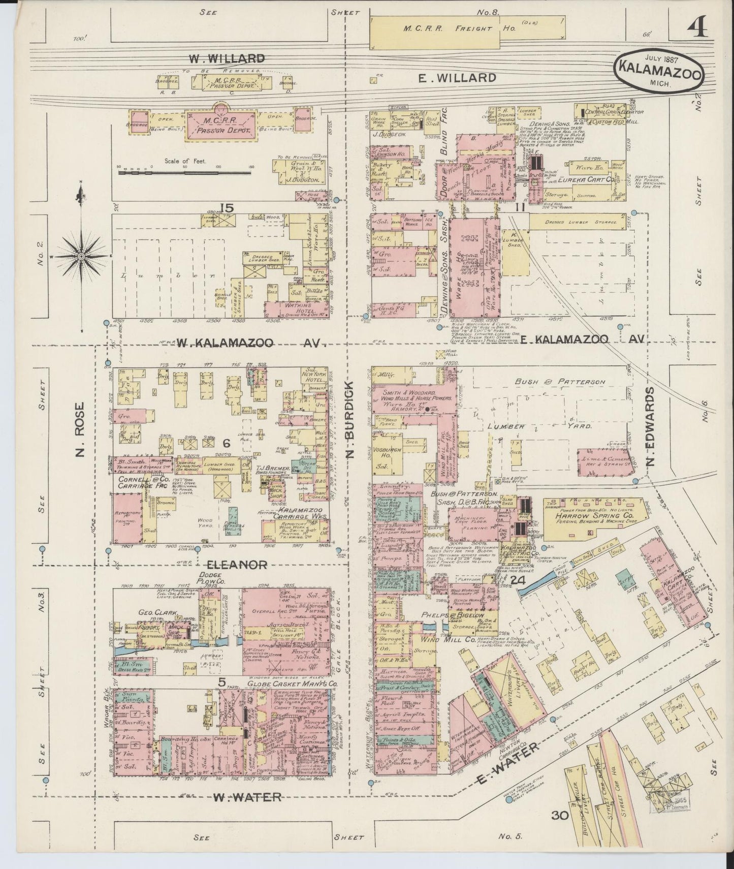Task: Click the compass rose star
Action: point(80,257)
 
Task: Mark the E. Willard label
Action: point(457,78)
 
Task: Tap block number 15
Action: point(227,207)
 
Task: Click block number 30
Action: point(561,830)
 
